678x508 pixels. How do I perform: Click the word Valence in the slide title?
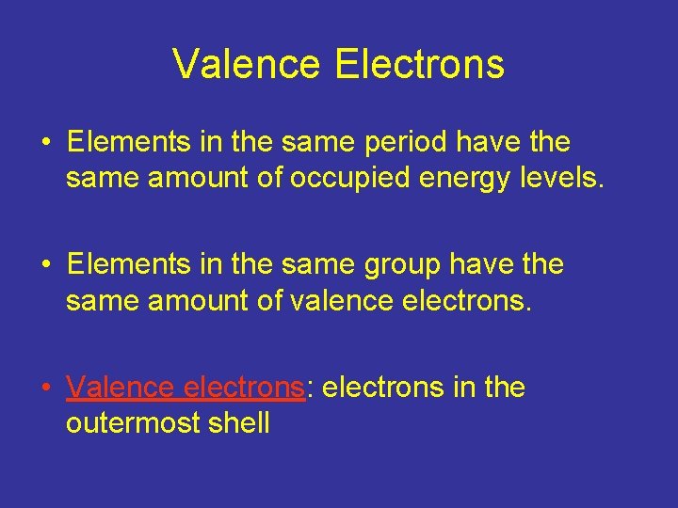[x=247, y=65]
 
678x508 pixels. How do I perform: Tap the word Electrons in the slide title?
[x=419, y=65]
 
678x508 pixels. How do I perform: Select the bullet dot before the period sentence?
[x=45, y=143]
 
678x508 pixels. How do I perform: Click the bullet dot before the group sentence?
[x=45, y=265]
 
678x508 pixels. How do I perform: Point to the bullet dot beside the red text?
[x=45, y=388]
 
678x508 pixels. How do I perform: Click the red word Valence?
[x=121, y=388]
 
